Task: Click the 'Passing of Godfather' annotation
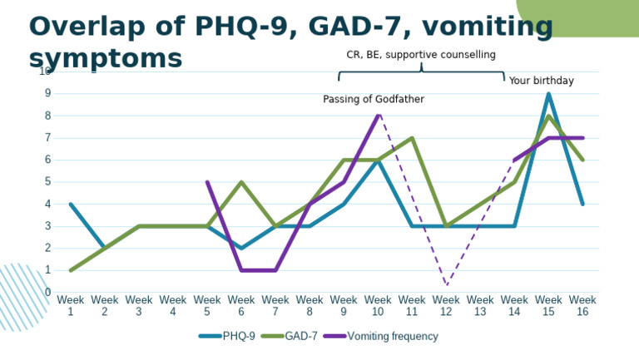click(374, 99)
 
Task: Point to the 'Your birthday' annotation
click(542, 81)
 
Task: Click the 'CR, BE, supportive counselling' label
click(420, 55)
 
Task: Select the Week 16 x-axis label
click(582, 305)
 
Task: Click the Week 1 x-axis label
click(71, 305)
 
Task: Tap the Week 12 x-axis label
click(446, 305)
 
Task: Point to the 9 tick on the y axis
click(47, 93)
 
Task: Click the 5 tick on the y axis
click(47, 181)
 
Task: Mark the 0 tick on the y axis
click(47, 292)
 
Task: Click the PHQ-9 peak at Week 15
click(548, 93)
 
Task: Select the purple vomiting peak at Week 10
click(378, 116)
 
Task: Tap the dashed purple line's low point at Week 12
click(446, 284)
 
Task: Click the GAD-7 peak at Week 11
click(412, 137)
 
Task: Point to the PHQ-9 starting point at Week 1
click(71, 204)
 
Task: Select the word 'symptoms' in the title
click(105, 58)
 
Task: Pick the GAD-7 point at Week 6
click(241, 181)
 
